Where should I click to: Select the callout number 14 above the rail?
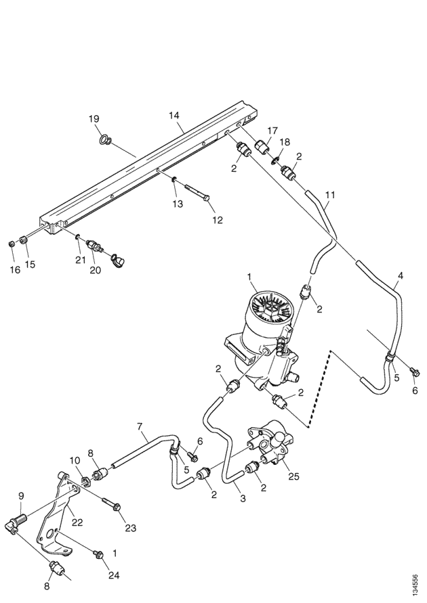point(174,116)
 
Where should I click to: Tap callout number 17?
point(272,130)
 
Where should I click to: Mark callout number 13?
point(178,203)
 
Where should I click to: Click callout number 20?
point(95,270)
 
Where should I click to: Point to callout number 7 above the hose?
point(140,427)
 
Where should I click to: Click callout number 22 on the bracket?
point(77,521)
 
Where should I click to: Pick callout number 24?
point(114,575)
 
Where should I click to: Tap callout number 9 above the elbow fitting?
point(20,497)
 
